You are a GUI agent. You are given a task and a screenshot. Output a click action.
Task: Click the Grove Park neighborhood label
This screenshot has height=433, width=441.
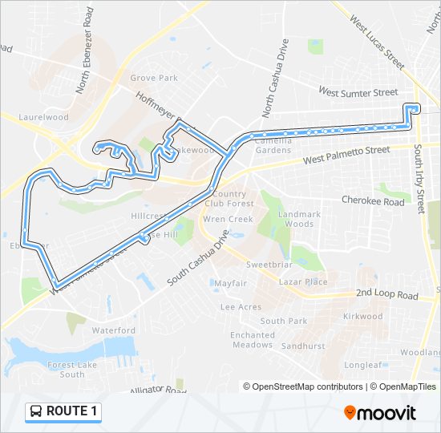click(x=154, y=78)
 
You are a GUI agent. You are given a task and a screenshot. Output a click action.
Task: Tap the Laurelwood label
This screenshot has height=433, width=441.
click(x=44, y=117)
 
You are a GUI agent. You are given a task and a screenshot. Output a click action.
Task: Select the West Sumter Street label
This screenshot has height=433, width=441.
click(x=358, y=92)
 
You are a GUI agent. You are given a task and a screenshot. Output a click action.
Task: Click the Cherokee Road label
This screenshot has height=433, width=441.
click(x=373, y=202)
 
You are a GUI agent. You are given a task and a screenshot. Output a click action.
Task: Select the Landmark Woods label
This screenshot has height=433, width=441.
click(x=300, y=219)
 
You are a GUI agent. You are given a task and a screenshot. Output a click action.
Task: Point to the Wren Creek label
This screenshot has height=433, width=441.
click(x=228, y=219)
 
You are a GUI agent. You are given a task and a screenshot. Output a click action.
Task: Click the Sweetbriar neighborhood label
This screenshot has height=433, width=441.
click(x=267, y=265)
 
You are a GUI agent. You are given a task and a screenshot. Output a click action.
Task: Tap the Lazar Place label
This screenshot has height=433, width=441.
click(x=303, y=282)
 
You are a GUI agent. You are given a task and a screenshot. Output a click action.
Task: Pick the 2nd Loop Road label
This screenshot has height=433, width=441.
click(x=387, y=295)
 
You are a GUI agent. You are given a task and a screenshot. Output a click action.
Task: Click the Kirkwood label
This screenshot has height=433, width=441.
click(x=362, y=316)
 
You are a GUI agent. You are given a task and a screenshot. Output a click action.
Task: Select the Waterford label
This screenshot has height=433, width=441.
click(x=113, y=330)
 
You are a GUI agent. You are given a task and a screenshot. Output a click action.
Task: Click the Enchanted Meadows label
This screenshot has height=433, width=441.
click(x=252, y=340)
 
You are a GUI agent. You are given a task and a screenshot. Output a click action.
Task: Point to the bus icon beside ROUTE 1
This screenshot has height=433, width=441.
click(x=37, y=411)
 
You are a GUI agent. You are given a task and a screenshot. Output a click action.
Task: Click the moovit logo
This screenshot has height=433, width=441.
click(x=380, y=412)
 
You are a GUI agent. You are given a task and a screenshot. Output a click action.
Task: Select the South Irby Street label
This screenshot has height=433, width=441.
click(x=419, y=176)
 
